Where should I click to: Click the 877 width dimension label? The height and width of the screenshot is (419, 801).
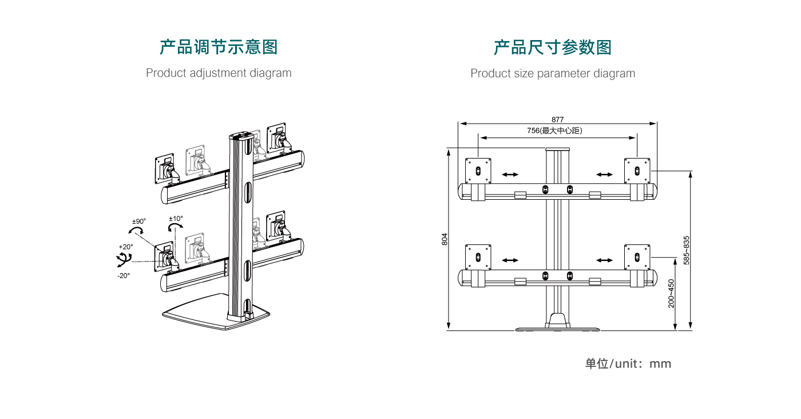tap(558, 120)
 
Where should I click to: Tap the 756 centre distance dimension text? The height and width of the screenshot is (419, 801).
tap(554, 131)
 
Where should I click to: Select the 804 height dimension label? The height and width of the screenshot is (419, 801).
tap(445, 239)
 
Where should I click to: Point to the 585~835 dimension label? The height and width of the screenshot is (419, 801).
tap(687, 250)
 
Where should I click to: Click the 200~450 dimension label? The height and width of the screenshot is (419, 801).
tap(671, 293)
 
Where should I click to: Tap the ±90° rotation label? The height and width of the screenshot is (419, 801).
tap(139, 221)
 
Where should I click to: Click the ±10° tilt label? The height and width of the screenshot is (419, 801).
tap(176, 219)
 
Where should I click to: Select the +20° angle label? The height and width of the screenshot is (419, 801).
tap(126, 247)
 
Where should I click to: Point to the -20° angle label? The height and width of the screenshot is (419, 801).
tap(124, 275)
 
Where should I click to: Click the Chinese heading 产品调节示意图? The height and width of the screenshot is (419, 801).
tap(219, 47)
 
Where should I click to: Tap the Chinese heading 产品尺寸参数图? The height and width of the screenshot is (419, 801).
tap(553, 47)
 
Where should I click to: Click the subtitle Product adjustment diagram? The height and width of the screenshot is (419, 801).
tap(219, 73)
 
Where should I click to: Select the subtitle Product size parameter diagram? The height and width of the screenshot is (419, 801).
tap(553, 73)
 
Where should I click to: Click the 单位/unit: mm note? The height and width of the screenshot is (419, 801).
tap(628, 363)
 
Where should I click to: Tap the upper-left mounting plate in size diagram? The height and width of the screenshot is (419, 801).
tap(478, 171)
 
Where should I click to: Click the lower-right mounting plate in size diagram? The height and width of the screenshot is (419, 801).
tap(637, 257)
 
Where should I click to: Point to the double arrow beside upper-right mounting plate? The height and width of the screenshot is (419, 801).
tap(605, 175)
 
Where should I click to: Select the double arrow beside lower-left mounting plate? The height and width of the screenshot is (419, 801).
tap(510, 260)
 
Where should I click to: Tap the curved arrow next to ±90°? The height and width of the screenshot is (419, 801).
tap(136, 230)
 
